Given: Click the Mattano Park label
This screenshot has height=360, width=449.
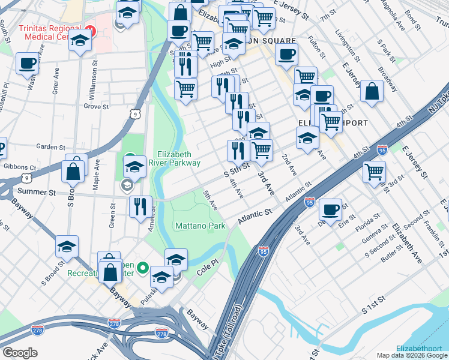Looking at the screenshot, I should (200, 226).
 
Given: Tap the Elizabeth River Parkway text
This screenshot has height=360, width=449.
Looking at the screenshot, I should (178, 158).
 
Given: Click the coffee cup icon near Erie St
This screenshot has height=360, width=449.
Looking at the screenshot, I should (330, 209).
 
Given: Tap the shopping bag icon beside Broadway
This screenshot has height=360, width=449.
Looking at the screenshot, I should (372, 91).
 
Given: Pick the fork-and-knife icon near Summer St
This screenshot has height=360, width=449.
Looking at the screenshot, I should (141, 206).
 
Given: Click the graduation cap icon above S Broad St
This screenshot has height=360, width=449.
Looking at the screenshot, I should (67, 246).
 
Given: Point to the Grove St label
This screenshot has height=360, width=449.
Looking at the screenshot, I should (96, 106).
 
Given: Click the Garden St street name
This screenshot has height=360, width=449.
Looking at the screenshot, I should (50, 146).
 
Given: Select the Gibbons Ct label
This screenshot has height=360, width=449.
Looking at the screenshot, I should (20, 167).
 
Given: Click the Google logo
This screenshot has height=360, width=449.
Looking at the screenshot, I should (20, 353).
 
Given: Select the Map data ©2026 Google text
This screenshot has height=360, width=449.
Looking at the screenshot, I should (411, 355).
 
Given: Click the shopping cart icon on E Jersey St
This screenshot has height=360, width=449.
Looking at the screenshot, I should (375, 172).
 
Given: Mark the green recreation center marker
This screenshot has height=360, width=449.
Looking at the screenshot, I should (143, 267).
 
